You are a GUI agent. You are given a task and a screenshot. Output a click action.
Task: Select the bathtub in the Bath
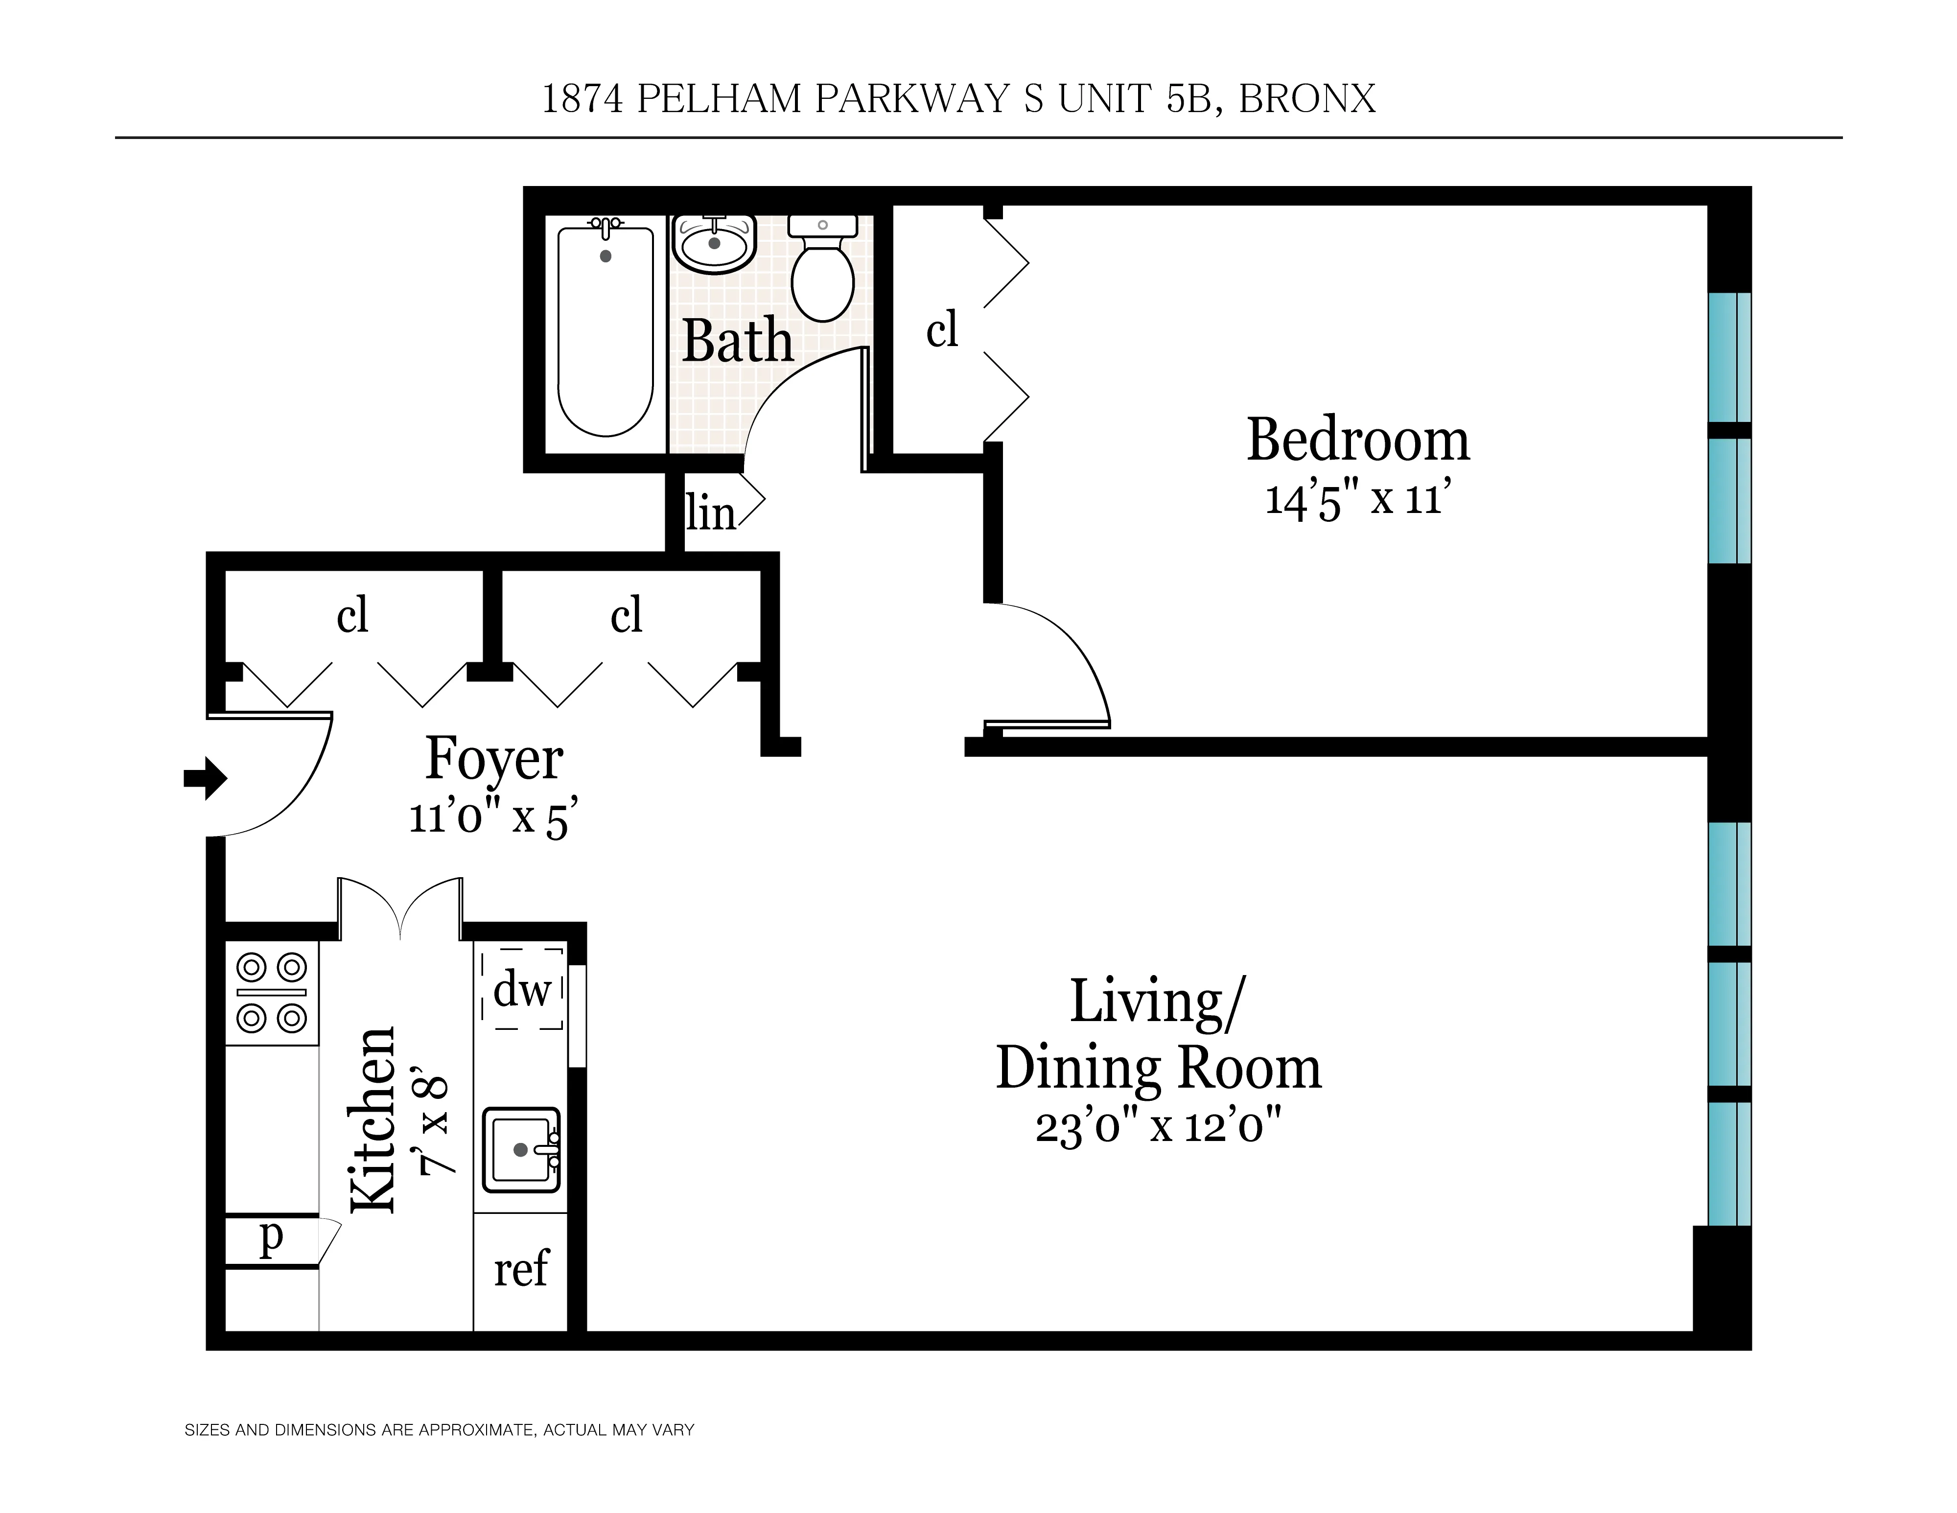point(606,331)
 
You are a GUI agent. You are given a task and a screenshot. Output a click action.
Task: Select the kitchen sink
point(521,1150)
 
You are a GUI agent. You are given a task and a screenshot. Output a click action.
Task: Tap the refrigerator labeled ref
point(521,1268)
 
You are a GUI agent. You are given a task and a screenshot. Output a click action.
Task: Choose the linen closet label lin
point(710,513)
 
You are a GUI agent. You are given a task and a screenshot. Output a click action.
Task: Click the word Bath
point(738,341)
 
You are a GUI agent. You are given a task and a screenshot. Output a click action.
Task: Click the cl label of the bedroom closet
point(942,329)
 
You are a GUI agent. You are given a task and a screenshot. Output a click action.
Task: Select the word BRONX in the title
point(1306,98)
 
